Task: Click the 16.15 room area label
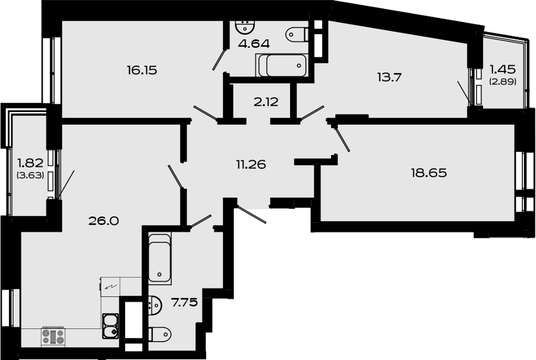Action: tap(142, 70)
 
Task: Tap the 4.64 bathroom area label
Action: tap(254, 44)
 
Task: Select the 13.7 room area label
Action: tap(389, 77)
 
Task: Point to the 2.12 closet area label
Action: tap(266, 102)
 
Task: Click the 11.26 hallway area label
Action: tap(251, 165)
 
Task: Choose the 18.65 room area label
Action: tap(429, 173)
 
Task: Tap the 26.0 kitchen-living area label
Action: tap(104, 221)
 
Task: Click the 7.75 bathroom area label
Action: tap(185, 303)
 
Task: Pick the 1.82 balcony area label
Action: tap(30, 163)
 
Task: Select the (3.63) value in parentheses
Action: tap(30, 175)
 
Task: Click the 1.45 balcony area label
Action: tap(503, 70)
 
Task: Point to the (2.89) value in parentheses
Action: tap(503, 82)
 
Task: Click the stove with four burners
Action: tap(53, 336)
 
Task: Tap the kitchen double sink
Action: tap(110, 326)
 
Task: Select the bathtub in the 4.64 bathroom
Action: tap(282, 66)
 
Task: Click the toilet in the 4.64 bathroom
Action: tap(297, 34)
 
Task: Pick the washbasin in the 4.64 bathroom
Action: tap(245, 27)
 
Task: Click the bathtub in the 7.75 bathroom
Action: tap(160, 258)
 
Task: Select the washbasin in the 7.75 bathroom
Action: tap(155, 305)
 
